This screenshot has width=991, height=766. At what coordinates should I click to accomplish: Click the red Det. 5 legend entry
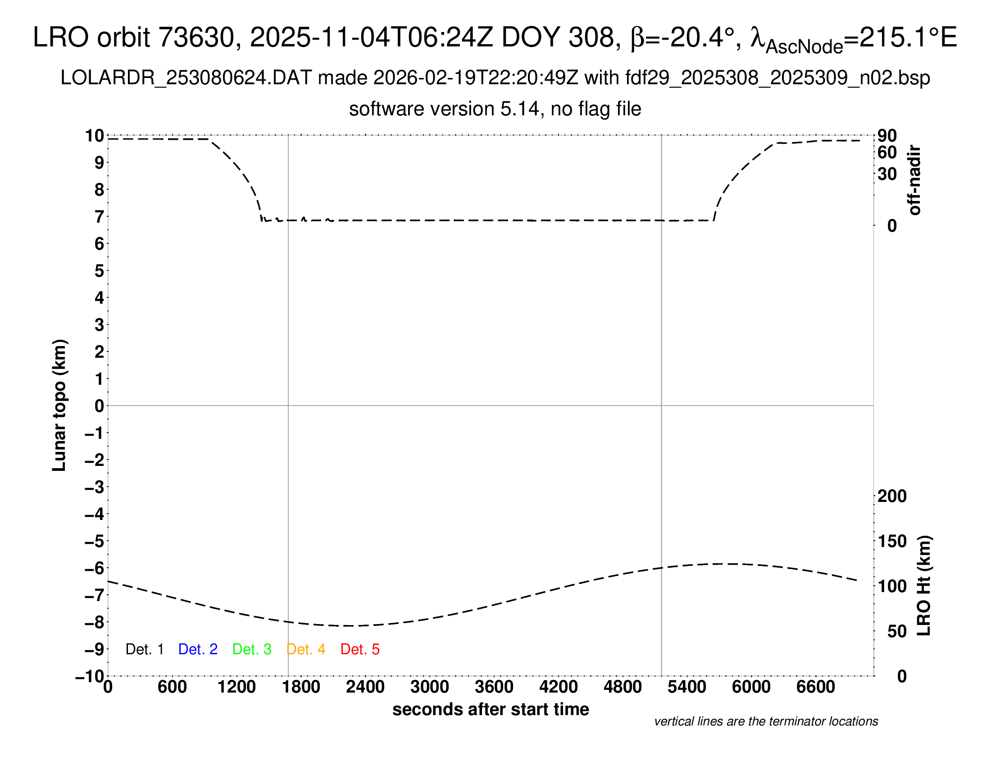click(x=360, y=649)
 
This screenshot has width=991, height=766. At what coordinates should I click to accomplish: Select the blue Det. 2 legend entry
click(x=198, y=649)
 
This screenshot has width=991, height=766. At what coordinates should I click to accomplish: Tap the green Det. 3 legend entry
click(x=252, y=649)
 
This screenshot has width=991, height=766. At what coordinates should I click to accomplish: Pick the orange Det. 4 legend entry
click(x=306, y=649)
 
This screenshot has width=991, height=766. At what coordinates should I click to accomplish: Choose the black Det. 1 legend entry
click(x=144, y=649)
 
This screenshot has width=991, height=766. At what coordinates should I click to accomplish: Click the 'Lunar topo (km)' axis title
click(x=59, y=405)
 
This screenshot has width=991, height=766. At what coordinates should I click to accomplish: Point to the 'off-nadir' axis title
click(x=914, y=180)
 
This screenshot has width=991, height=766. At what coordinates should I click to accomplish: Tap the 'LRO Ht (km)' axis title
click(x=924, y=586)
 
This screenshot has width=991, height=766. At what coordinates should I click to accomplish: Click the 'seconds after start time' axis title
click(x=491, y=709)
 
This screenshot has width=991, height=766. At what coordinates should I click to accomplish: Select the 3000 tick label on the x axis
click(x=429, y=687)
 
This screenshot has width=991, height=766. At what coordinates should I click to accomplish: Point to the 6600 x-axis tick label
click(x=815, y=687)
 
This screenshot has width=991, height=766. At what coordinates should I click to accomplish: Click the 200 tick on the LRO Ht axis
click(x=892, y=496)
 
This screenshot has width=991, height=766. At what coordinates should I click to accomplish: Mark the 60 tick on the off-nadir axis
click(x=887, y=152)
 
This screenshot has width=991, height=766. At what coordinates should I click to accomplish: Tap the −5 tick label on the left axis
click(x=95, y=541)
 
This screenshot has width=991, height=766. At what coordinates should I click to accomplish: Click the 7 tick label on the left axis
click(x=100, y=217)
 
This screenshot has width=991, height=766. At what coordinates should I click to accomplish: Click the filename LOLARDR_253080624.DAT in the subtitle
click(x=186, y=78)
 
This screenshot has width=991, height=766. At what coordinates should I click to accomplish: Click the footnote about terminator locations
click(x=766, y=721)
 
